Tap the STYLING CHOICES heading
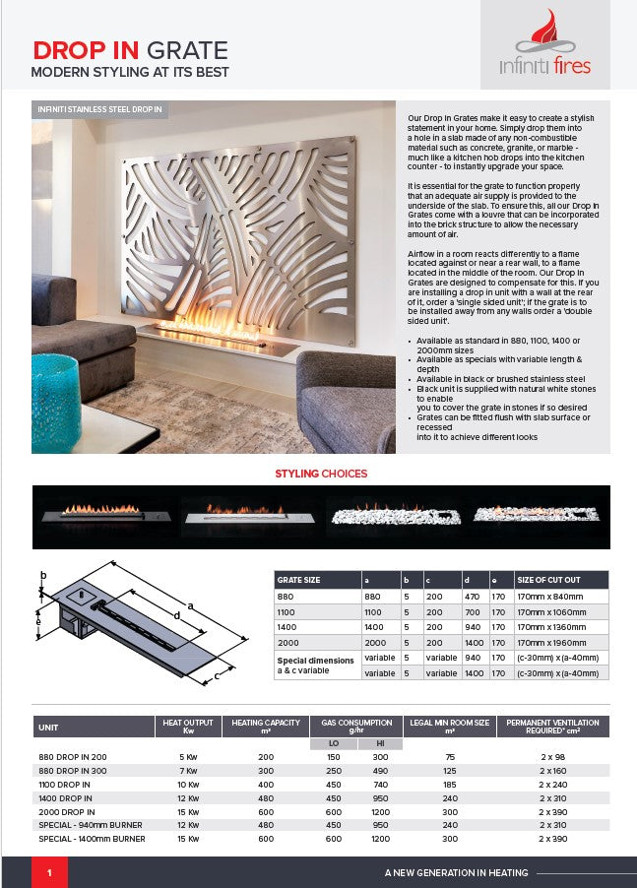(321, 474)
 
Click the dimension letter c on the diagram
(216, 676)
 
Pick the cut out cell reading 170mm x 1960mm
(551, 642)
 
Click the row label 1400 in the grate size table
(287, 626)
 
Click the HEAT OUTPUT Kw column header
(185, 727)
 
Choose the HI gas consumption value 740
(380, 785)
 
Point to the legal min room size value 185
(450, 785)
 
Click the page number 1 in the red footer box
(49, 873)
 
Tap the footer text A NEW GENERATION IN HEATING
(456, 873)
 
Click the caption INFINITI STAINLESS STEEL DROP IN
(97, 108)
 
